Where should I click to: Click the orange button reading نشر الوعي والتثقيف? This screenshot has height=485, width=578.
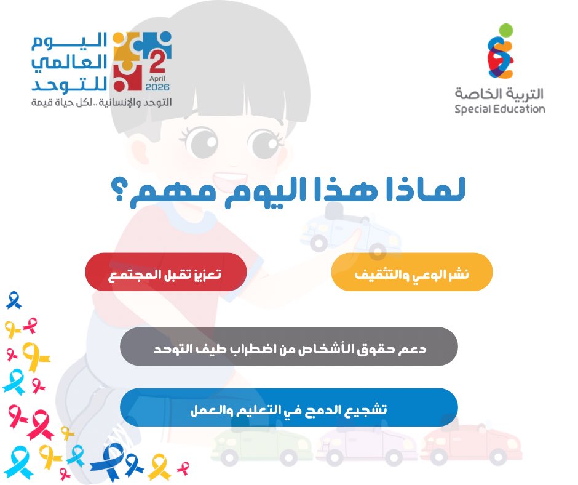pyautogui.click(x=412, y=272)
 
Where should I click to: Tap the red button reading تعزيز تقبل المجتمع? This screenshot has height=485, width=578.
pyautogui.click(x=165, y=272)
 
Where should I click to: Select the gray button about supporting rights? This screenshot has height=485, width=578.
pyautogui.click(x=289, y=347)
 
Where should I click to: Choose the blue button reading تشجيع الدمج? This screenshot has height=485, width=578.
pyautogui.click(x=289, y=407)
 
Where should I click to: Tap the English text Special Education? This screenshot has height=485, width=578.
pyautogui.click(x=499, y=110)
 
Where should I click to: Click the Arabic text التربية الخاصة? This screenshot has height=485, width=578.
pyautogui.click(x=499, y=94)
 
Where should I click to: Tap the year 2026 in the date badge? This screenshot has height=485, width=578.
pyautogui.click(x=158, y=87)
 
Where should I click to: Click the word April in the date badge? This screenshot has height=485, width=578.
pyautogui.click(x=158, y=79)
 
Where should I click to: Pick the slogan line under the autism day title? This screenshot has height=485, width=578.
pyautogui.click(x=101, y=102)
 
